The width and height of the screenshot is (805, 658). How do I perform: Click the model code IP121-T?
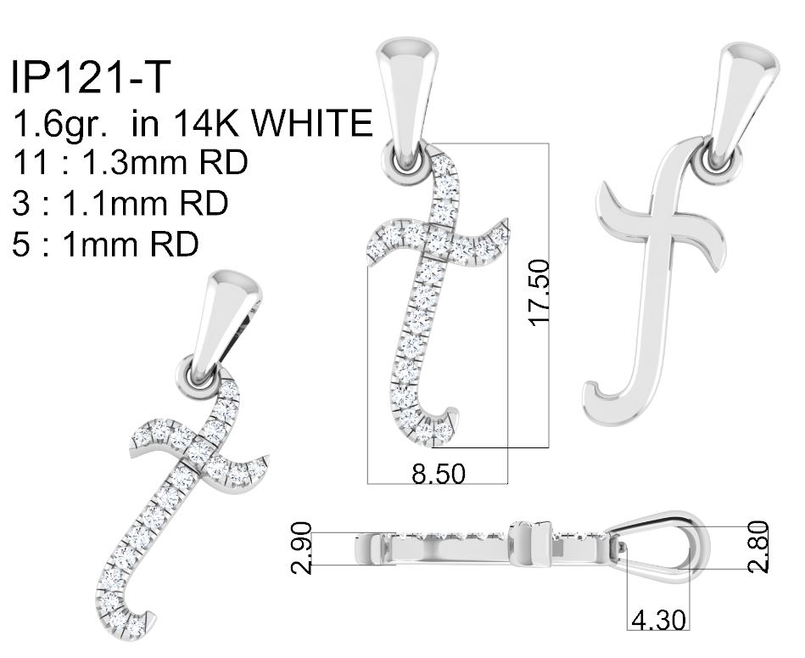[90, 77]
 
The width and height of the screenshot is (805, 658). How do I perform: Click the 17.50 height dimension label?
[539, 293]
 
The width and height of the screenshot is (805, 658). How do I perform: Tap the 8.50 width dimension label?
[439, 474]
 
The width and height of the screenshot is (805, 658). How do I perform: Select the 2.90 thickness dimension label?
[301, 548]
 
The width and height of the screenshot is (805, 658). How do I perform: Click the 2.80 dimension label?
[758, 547]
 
